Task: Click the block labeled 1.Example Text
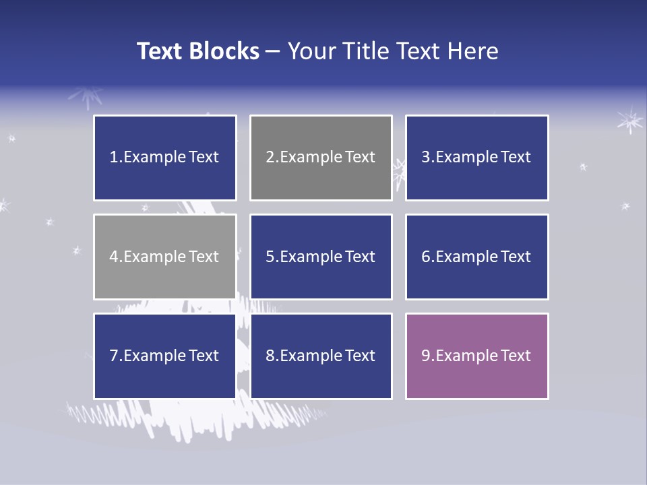pos(164,158)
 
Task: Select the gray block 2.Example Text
pos(321,158)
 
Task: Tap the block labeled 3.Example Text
pos(476,158)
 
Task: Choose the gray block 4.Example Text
pos(164,257)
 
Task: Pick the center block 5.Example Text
pos(321,257)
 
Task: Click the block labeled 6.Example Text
pos(476,257)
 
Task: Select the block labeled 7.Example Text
pos(164,356)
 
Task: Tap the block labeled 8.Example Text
pos(321,356)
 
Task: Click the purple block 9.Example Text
pos(476,356)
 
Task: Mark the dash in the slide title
pos(274,51)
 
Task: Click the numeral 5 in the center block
pos(270,257)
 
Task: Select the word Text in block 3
pos(516,158)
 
